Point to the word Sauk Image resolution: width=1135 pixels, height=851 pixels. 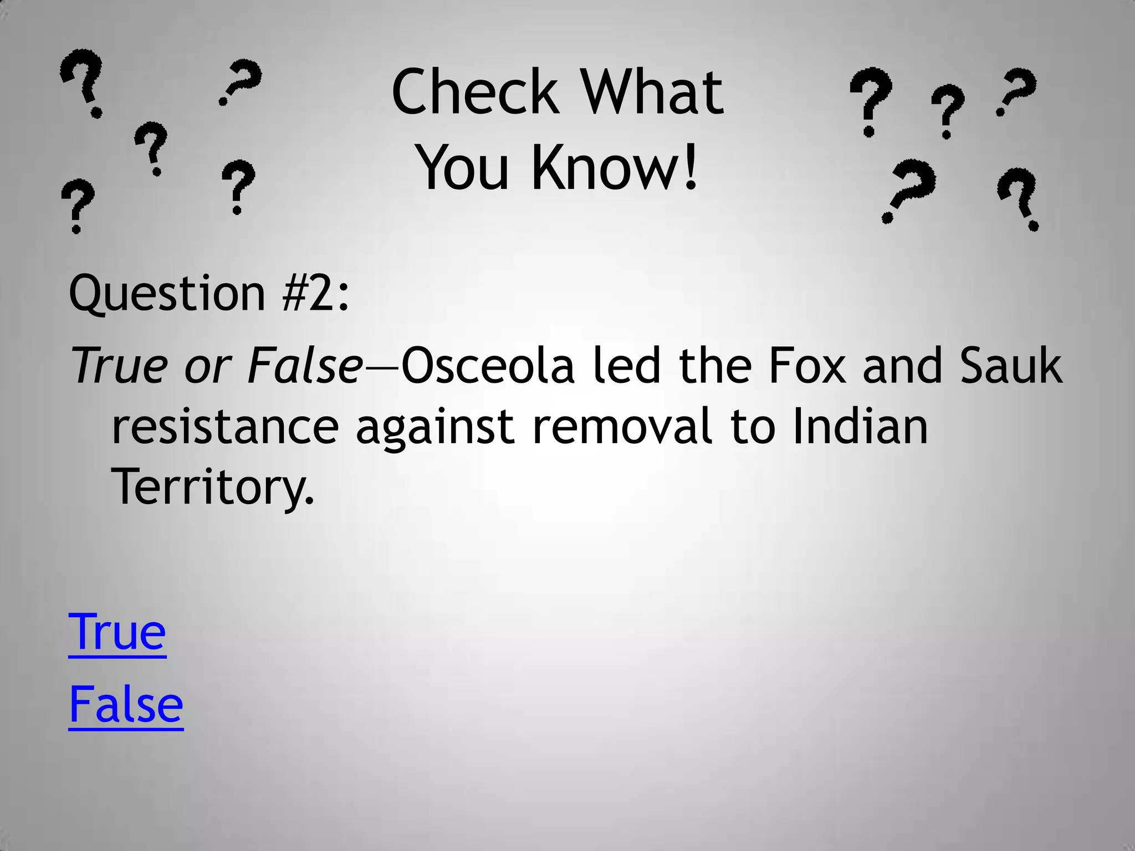[x=1011, y=366]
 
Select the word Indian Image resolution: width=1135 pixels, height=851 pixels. [x=860, y=427]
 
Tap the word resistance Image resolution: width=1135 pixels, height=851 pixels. [x=225, y=427]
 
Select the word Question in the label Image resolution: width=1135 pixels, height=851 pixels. [x=167, y=294]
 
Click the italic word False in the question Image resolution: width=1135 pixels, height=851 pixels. [x=305, y=366]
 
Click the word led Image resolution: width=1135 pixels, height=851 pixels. [x=627, y=366]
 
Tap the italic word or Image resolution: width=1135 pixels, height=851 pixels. [x=208, y=367]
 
